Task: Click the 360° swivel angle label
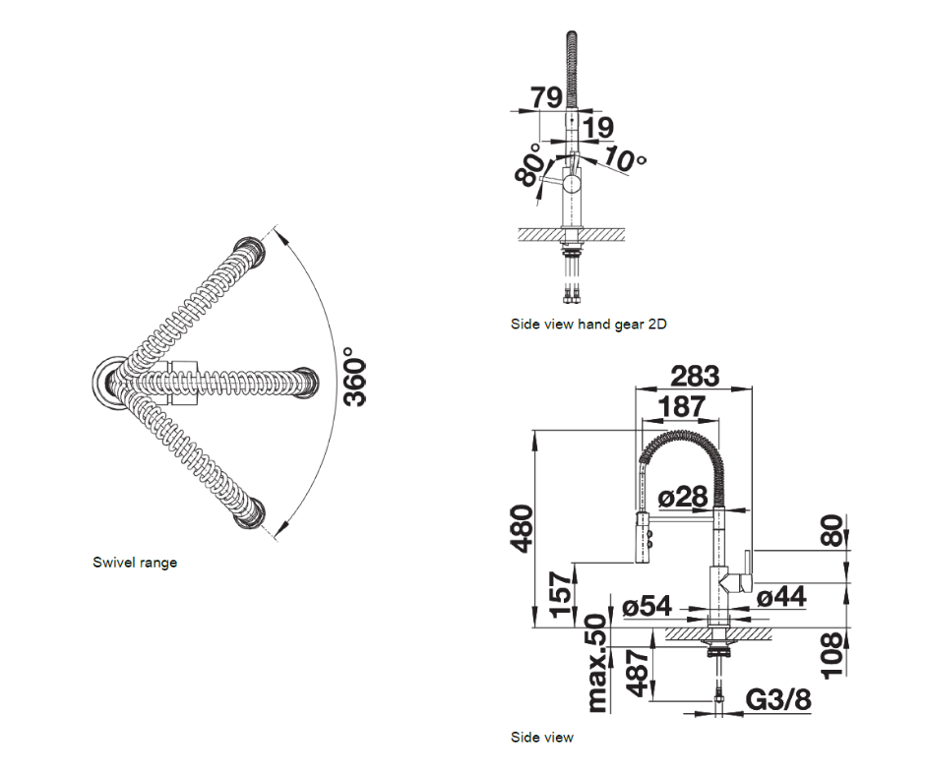tap(355, 377)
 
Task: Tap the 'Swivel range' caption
tap(135, 563)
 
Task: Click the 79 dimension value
tap(546, 98)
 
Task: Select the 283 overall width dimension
tap(695, 376)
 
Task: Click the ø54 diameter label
tap(647, 608)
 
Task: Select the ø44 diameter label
tap(782, 596)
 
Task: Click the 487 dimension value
tap(639, 673)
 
